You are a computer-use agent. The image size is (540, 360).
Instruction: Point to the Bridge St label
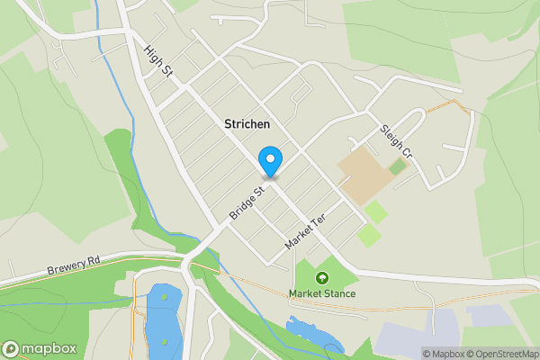tap(247, 203)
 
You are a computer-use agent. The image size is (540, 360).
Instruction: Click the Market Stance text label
tap(322, 293)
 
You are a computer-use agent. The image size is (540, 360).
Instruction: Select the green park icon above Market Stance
tap(322, 278)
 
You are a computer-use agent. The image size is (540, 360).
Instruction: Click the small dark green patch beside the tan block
tap(398, 167)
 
